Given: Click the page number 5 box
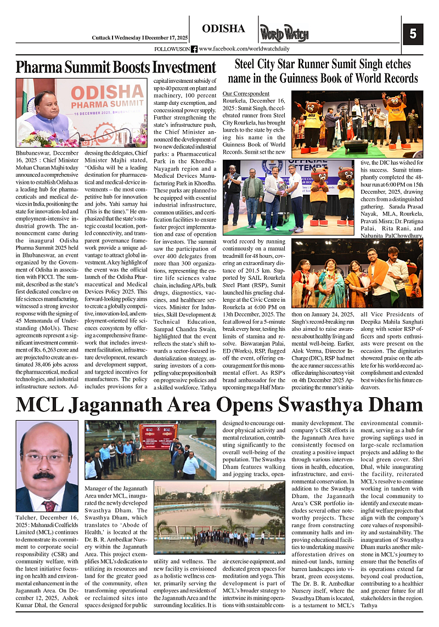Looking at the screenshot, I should [x=413, y=35].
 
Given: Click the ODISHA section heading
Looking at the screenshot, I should [x=223, y=29].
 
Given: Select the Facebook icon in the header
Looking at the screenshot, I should [x=194, y=49].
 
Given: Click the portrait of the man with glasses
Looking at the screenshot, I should [x=47, y=467].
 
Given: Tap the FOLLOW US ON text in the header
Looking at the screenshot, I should [x=172, y=49].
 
